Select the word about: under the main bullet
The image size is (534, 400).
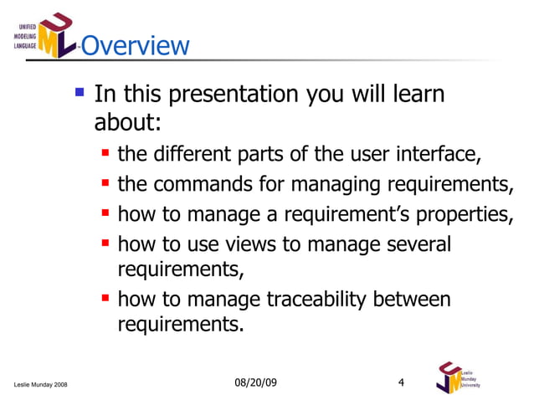[127, 122]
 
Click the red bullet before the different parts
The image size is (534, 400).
[106, 154]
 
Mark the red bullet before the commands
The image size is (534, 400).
[106, 183]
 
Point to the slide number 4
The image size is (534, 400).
[401, 382]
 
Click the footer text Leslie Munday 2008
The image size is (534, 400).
[42, 384]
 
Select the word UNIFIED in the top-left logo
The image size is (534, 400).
[27, 27]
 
